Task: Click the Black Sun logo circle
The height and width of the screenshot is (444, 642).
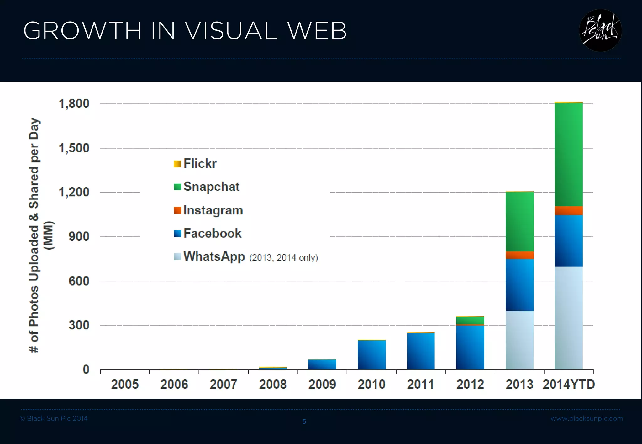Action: [x=600, y=31]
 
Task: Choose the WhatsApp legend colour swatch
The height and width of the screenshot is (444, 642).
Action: [x=177, y=256]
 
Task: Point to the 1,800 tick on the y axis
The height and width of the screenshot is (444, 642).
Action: [x=74, y=104]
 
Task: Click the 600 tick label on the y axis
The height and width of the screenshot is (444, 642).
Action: [x=79, y=281]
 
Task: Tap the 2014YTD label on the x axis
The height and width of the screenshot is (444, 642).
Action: [x=569, y=384]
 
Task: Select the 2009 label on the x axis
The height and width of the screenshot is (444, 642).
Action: [x=322, y=384]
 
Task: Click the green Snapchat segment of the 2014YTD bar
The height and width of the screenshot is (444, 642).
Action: [x=568, y=154]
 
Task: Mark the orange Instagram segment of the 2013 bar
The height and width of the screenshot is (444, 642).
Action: [x=519, y=255]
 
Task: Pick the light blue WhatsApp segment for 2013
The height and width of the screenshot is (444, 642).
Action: [x=519, y=340]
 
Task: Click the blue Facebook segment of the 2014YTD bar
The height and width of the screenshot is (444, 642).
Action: [x=568, y=240]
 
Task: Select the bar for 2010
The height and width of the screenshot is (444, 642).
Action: [x=371, y=354]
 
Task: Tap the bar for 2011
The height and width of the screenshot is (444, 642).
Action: [x=421, y=351]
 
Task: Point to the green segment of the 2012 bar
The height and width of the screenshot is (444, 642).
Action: [x=470, y=321]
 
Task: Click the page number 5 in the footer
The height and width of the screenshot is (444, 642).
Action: [x=304, y=421]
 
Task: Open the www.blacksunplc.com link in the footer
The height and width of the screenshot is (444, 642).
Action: [x=587, y=418]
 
